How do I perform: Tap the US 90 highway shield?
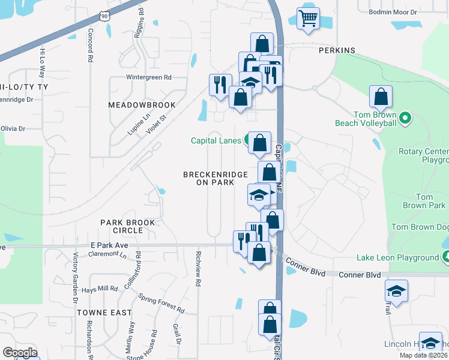pos(106,17)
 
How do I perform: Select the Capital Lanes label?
pos(217,140)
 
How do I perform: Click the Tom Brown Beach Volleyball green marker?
pos(406,118)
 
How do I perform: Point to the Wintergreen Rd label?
pos(149,77)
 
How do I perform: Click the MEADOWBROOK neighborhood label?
pos(142,105)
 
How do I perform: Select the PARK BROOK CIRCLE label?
pos(128,226)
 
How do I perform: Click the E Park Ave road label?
pos(109,245)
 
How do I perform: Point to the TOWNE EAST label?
pos(104,313)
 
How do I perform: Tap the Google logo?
pos(20,353)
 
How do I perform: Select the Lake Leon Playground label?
pos(397,257)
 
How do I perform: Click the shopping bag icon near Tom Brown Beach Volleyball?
pos(381,96)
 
